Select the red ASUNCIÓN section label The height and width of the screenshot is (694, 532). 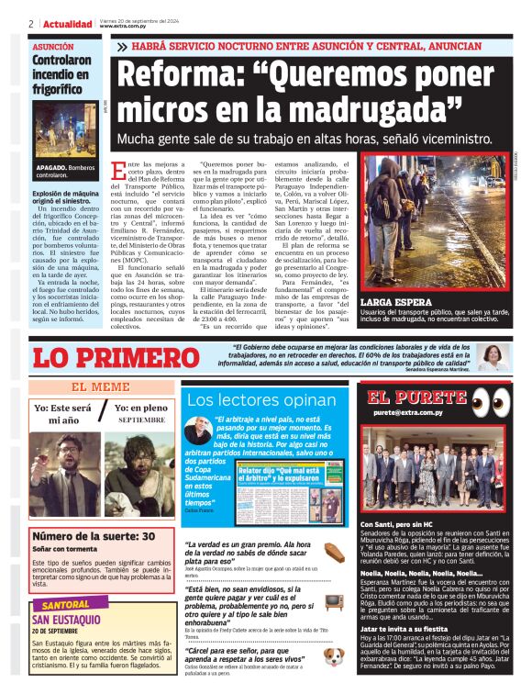click(x=53, y=45)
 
